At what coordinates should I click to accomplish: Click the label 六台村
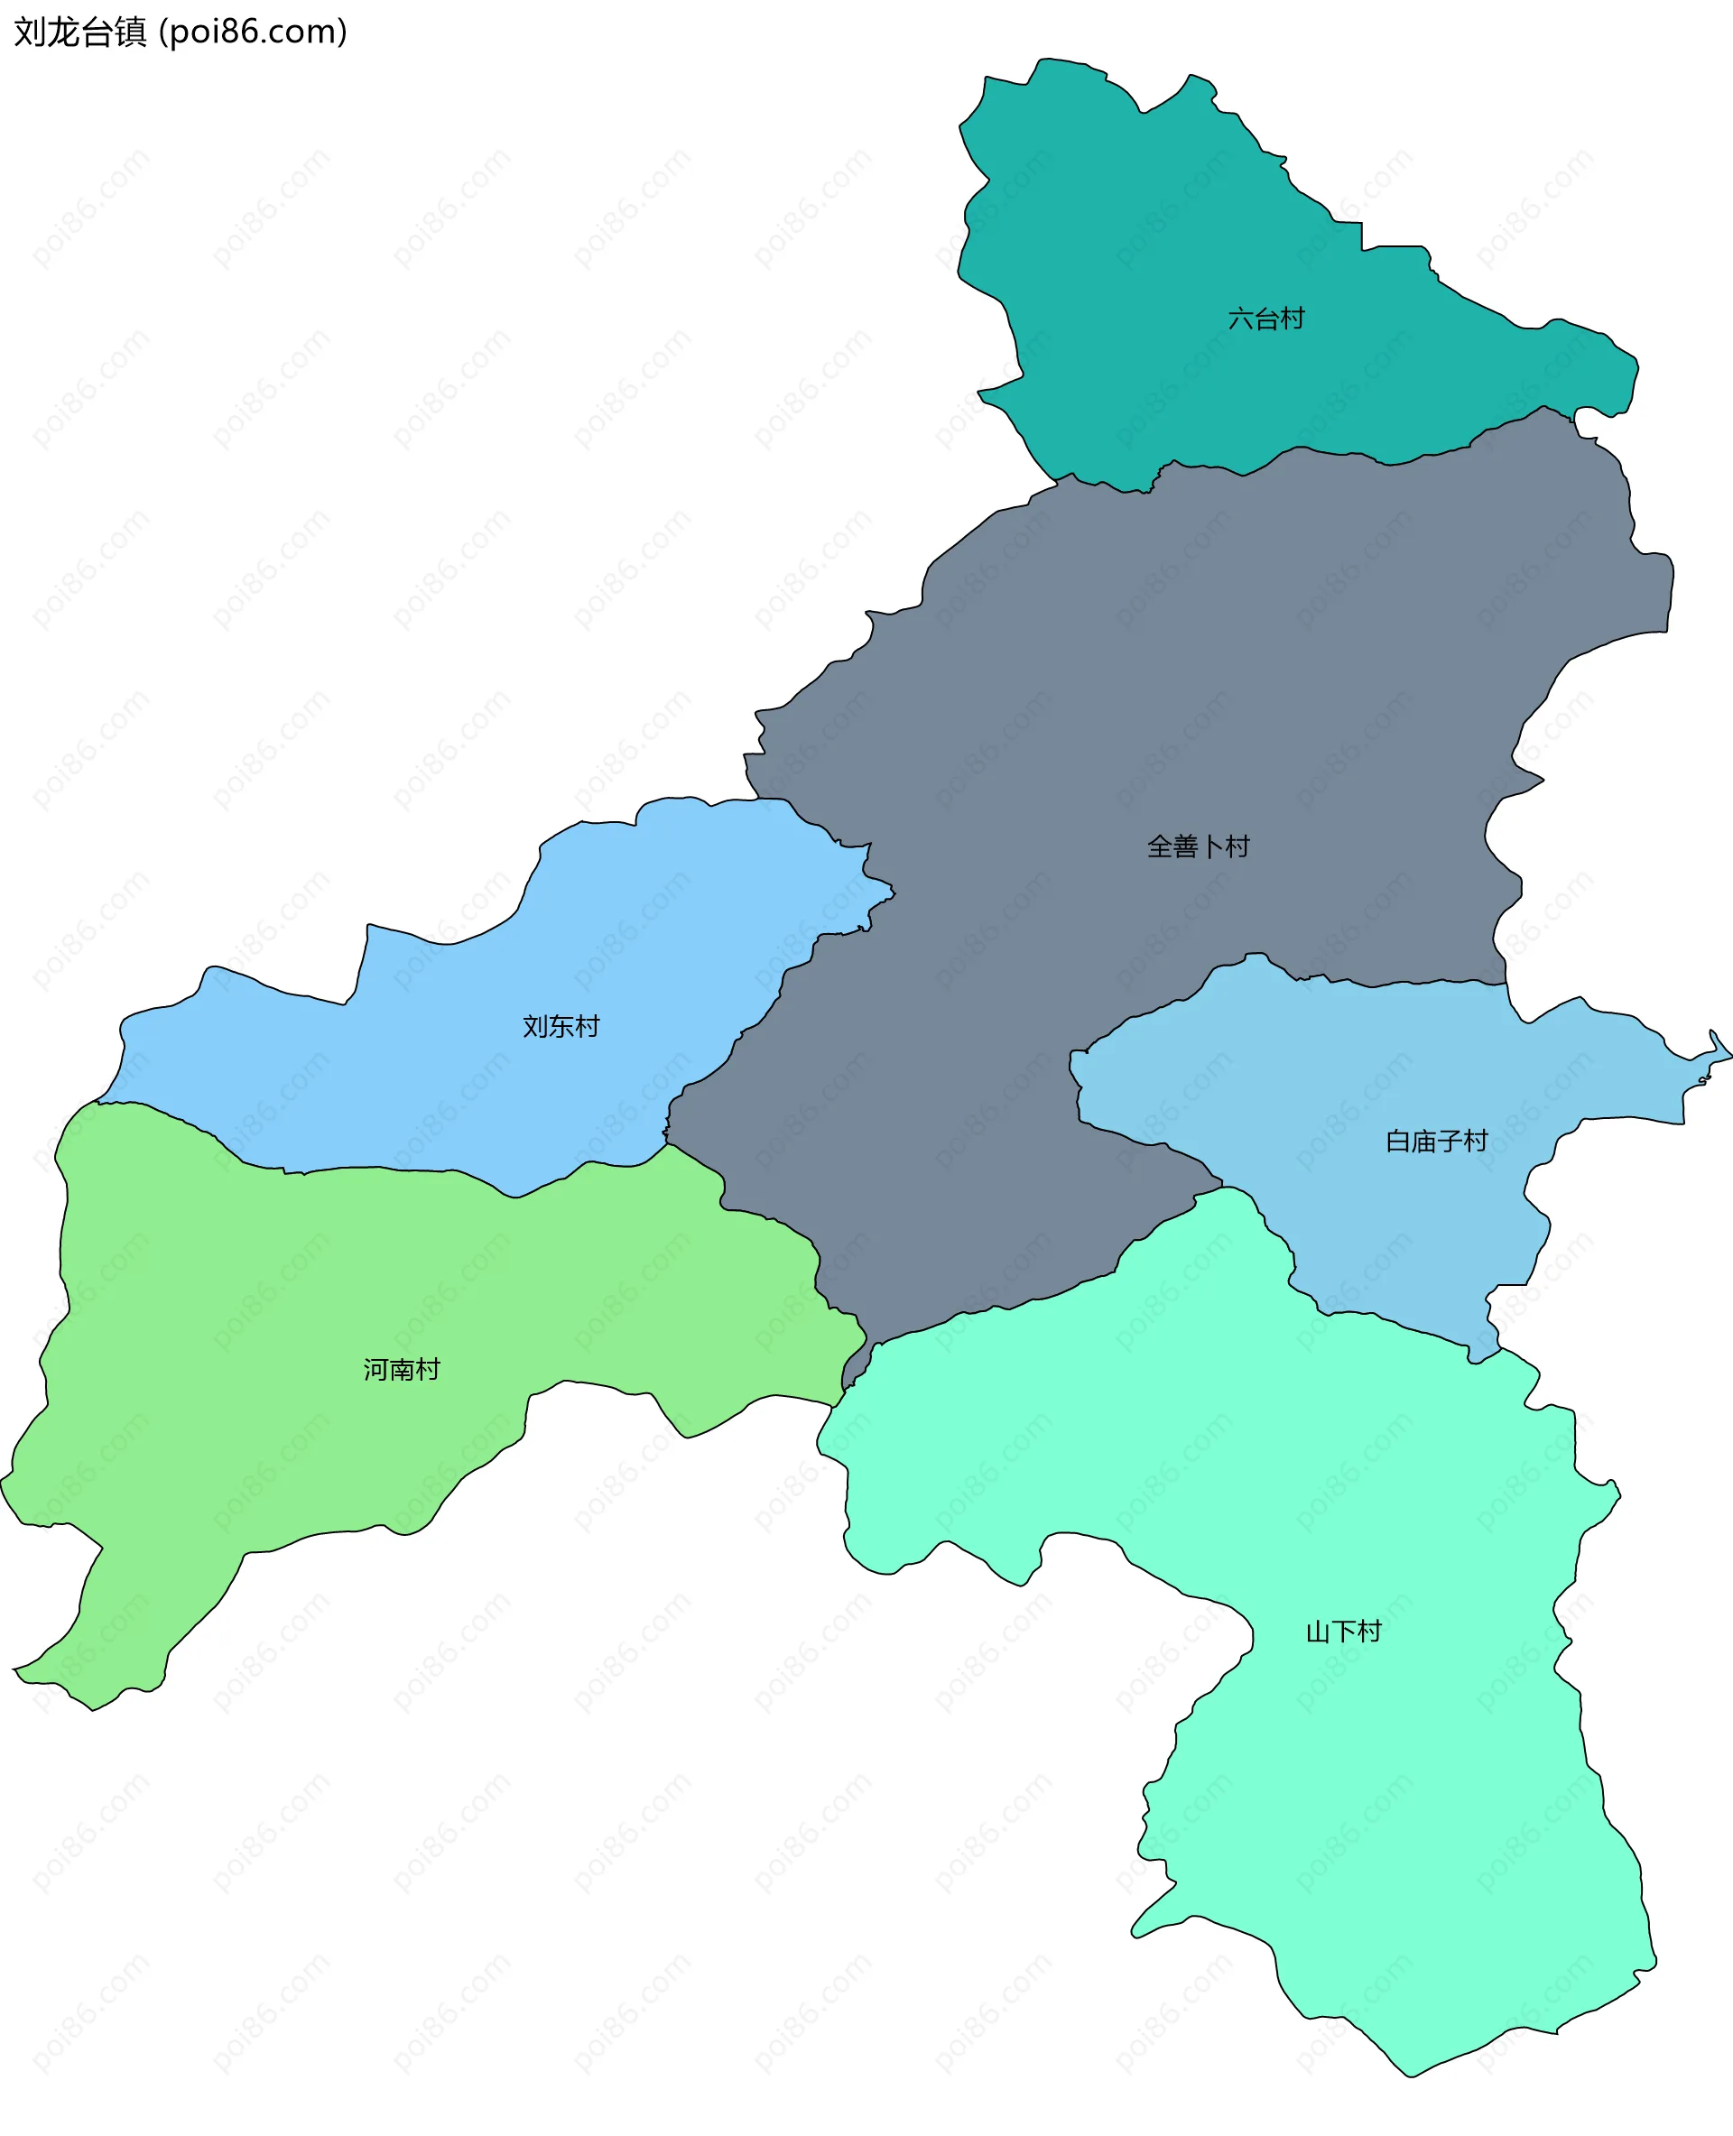1265,319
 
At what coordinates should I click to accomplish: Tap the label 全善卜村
1198,846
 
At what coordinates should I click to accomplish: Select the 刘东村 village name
561,1026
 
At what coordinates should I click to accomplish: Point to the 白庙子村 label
1437,1141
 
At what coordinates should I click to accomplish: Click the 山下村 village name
1344,1632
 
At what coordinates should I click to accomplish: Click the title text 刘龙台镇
79,32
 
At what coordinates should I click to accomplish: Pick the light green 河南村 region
300,1298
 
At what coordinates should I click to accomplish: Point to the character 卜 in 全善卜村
1211,846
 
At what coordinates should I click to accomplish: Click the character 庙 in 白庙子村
1423,1141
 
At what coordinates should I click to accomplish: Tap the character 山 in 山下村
1318,1632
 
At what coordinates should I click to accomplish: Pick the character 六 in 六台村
1240,319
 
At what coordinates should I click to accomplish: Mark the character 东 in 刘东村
561,1026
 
